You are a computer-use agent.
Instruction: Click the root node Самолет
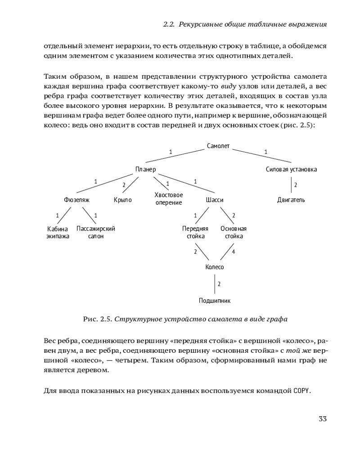coord(218,146)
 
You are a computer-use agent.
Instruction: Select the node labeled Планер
coord(145,170)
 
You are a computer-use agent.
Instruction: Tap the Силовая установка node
coord(291,170)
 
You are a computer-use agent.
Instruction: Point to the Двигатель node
coord(291,200)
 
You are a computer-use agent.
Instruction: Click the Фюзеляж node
coord(77,200)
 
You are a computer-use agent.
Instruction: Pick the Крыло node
coord(122,200)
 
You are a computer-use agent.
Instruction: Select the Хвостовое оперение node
coord(168,199)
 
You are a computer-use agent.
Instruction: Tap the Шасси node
coord(215,200)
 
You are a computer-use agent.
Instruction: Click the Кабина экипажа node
coord(58,232)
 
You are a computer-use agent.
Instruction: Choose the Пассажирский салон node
coord(96,232)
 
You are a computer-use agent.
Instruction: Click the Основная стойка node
coord(234,232)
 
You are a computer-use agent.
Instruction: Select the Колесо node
coord(215,267)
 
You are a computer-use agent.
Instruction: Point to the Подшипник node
coord(215,300)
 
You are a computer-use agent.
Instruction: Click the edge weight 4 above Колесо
coord(233,252)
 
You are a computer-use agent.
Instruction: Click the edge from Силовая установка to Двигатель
coord(291,185)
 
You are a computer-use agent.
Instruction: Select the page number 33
coord(322,419)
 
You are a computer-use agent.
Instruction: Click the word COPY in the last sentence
coord(302,390)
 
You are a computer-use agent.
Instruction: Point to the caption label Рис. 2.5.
coord(97,319)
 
